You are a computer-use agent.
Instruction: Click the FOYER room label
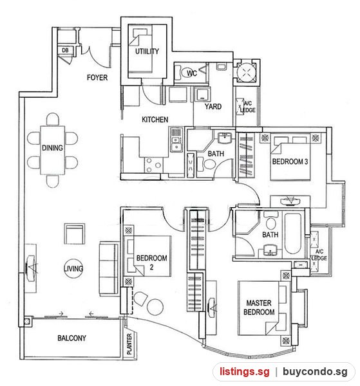97,78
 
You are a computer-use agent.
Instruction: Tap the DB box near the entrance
65,50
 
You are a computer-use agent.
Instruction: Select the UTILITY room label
147,51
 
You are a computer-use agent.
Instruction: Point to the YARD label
213,107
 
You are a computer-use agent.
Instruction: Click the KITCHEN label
155,120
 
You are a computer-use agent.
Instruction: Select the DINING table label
52,148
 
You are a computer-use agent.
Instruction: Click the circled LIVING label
73,268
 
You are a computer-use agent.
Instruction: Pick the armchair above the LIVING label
75,234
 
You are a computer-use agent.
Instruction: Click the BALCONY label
71,338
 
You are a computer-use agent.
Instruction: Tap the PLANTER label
129,344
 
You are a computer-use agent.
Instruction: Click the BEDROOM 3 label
290,161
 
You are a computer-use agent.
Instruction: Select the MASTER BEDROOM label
259,308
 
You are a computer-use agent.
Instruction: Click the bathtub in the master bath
292,234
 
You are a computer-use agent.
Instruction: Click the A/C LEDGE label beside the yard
248,107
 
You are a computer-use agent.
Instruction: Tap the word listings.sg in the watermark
245,371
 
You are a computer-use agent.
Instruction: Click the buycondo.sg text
315,371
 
